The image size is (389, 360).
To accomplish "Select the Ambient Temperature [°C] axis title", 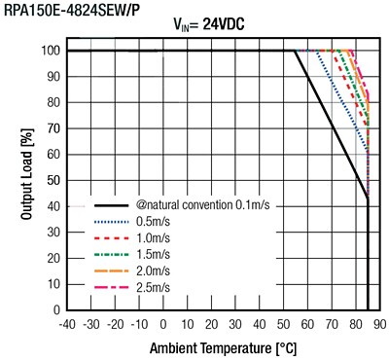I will pyautogui.click(x=220, y=347).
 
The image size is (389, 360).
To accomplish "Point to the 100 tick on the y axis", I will pyautogui.click(x=51, y=51).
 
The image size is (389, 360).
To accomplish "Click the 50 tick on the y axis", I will pyautogui.click(x=53, y=180).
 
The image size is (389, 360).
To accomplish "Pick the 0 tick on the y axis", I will pyautogui.click(x=56, y=309).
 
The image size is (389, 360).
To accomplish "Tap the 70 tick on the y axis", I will pyautogui.click(x=53, y=128).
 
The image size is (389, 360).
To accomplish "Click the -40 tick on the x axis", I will pyautogui.click(x=66, y=323).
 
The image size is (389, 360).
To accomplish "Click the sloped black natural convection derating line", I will pyautogui.click(x=331, y=124).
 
